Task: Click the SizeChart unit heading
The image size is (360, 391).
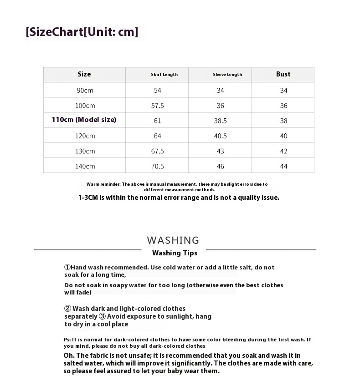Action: [x=82, y=32]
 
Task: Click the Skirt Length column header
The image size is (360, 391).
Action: [x=164, y=75]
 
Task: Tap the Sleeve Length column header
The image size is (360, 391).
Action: [x=227, y=75]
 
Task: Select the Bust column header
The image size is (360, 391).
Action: [x=283, y=74]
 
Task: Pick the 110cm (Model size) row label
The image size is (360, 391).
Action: [x=84, y=120]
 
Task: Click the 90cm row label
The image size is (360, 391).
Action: [x=85, y=90]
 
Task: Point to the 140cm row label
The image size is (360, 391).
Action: [x=85, y=166]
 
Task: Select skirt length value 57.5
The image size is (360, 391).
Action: [x=158, y=106]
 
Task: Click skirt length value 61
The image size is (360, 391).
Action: [x=158, y=121]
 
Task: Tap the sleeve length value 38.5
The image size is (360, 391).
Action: [x=221, y=121]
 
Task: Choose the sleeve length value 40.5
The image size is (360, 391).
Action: [x=221, y=136]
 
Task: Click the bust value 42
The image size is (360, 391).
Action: [x=283, y=151]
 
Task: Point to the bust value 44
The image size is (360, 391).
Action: [x=283, y=166]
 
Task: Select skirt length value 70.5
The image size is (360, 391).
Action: [x=158, y=166]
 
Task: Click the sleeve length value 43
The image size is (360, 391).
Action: [x=221, y=151]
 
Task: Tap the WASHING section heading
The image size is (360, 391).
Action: [x=173, y=240]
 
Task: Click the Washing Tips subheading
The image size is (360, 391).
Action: [x=175, y=253]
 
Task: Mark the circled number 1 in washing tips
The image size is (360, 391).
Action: [x=67, y=268]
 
